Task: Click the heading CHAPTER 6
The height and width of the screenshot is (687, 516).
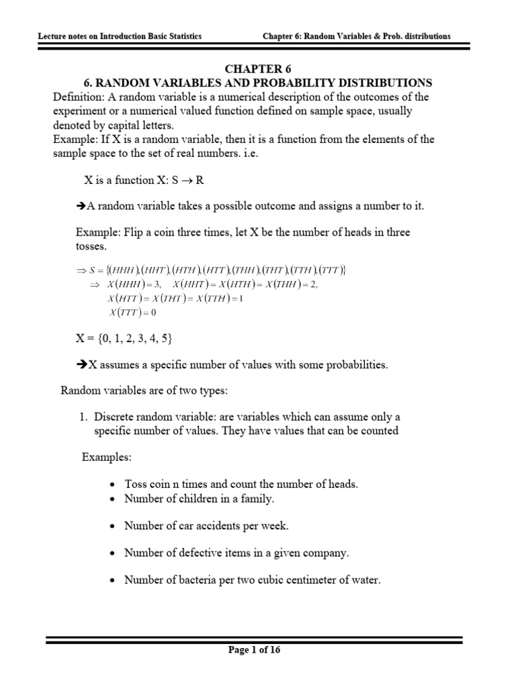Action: pos(258,68)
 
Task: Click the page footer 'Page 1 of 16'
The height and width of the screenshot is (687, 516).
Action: pos(258,649)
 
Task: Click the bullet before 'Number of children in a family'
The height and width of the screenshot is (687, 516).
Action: pos(112,499)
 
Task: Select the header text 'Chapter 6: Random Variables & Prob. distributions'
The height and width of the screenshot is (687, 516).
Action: pos(355,36)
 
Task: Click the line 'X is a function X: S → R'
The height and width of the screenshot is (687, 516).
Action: pos(143,180)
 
